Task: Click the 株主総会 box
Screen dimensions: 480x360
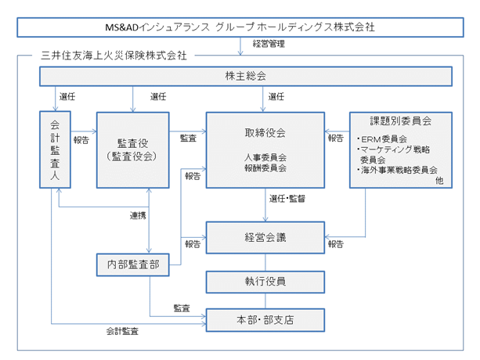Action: (x=246, y=76)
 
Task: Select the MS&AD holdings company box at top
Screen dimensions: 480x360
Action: (x=240, y=27)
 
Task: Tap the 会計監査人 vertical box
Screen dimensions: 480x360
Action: (x=55, y=149)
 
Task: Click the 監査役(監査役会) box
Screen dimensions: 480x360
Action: (x=133, y=150)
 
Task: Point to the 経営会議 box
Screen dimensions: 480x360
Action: (x=265, y=238)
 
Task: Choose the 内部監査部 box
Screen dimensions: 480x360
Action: (x=133, y=265)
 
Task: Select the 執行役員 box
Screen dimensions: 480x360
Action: (x=265, y=282)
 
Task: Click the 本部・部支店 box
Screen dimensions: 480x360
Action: (x=265, y=320)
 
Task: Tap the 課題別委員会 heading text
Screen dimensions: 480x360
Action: (x=401, y=121)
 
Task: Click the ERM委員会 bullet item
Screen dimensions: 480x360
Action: (x=382, y=139)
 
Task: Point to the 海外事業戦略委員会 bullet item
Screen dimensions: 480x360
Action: (x=397, y=170)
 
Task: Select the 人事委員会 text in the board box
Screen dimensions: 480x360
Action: (x=265, y=157)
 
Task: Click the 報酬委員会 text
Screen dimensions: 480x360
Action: (x=265, y=168)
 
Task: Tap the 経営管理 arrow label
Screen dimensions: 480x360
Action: (x=269, y=44)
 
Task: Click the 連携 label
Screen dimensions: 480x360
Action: (x=138, y=216)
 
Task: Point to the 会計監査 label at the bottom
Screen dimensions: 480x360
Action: (x=122, y=331)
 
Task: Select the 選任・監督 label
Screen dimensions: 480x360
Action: (x=287, y=199)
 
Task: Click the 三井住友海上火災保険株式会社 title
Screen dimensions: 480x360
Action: (x=114, y=56)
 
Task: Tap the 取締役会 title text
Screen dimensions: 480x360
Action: (x=265, y=133)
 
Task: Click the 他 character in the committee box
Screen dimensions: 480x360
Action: (x=439, y=181)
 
